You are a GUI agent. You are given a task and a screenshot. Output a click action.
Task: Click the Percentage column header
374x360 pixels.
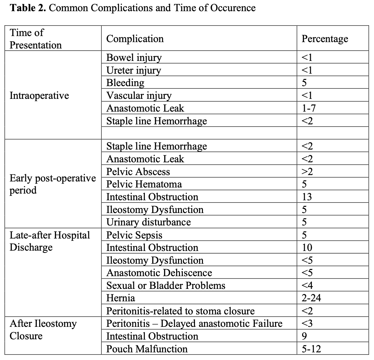click(x=325, y=39)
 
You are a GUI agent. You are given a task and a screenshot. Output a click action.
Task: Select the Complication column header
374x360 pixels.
click(x=135, y=39)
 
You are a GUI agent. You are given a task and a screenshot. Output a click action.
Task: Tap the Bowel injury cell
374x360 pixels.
click(x=134, y=57)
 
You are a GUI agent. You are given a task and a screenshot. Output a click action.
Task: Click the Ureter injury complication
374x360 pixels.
click(x=133, y=70)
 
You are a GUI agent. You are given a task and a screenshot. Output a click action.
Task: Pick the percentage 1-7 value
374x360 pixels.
click(x=309, y=108)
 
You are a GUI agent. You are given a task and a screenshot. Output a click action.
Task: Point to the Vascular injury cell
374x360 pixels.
click(x=139, y=96)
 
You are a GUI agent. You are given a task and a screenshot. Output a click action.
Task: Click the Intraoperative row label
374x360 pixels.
click(x=39, y=96)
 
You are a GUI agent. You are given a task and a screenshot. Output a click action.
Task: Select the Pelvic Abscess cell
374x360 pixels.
click(x=138, y=172)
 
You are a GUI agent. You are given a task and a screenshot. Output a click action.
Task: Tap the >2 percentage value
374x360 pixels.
click(x=307, y=172)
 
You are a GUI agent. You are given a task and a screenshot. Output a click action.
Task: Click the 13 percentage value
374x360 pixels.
click(x=307, y=197)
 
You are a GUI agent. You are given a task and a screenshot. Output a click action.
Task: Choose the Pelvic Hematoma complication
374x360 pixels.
click(x=144, y=184)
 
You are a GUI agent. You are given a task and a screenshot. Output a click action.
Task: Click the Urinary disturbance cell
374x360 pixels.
click(x=148, y=222)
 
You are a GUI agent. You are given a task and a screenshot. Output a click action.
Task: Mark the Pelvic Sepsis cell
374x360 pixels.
click(x=134, y=235)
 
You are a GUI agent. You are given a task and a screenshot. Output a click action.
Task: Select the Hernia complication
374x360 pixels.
click(x=120, y=298)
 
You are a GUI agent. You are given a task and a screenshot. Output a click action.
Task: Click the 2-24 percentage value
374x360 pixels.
click(x=311, y=298)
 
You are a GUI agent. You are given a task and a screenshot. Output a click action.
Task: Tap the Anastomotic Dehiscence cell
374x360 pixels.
click(x=159, y=273)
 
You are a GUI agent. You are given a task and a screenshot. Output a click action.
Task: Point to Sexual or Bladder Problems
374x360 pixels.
click(x=166, y=285)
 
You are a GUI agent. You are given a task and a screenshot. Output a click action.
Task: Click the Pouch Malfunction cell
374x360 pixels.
click(x=147, y=349)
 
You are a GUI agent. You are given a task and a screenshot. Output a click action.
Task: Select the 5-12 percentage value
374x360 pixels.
click(x=311, y=349)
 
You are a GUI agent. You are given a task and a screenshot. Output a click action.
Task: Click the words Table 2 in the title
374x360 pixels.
click(x=28, y=7)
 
